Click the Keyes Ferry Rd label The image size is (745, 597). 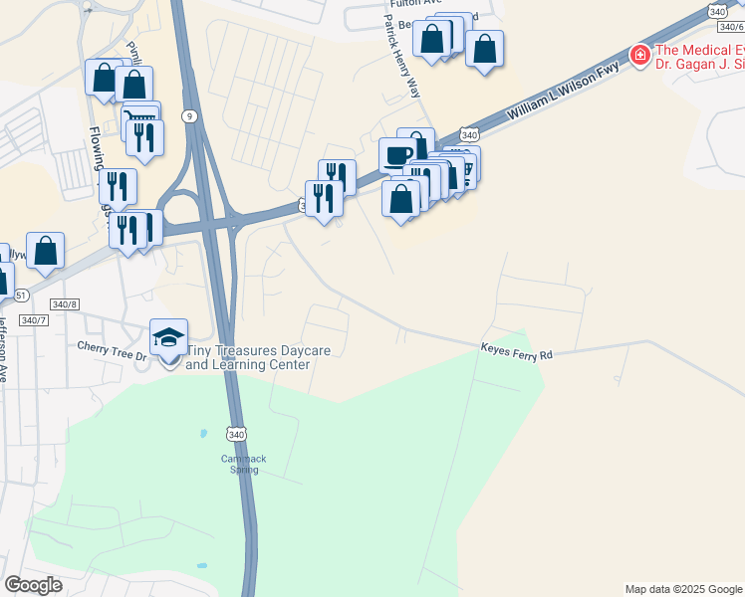[516, 350]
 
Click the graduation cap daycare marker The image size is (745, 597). [168, 338]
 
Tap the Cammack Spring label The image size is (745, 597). [244, 465]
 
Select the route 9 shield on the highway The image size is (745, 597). [188, 116]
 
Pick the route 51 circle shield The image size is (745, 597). [22, 295]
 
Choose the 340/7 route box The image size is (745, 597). [33, 319]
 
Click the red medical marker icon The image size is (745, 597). [638, 54]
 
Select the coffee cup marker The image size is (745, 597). [397, 155]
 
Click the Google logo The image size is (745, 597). [34, 585]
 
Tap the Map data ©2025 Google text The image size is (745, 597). [682, 589]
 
